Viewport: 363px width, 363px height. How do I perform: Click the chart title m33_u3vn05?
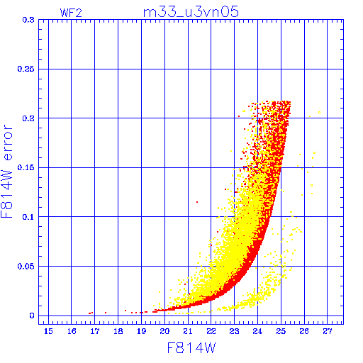191,12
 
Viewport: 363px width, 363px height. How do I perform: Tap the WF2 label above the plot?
71,13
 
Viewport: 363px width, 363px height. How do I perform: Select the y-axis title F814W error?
7,172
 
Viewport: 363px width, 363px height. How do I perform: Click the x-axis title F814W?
191,348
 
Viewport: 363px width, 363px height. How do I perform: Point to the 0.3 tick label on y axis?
28,20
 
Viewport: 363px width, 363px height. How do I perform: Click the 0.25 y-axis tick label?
26,69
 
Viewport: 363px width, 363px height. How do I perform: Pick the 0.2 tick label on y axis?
28,118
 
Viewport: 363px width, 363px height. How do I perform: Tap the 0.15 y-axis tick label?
26,167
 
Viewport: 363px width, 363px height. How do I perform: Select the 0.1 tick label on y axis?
28,217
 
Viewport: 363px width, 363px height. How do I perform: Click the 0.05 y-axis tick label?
26,267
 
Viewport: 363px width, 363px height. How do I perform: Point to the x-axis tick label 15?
48,331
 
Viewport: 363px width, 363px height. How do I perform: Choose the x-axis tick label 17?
95,331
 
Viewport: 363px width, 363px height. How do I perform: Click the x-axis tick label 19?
141,331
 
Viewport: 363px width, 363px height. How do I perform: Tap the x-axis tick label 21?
188,331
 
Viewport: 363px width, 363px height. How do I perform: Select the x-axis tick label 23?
235,331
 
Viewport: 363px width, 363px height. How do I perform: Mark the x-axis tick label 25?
281,331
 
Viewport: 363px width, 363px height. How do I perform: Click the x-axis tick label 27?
328,331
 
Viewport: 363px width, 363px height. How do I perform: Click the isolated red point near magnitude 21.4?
197,202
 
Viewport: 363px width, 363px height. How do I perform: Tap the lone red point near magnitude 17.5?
106,313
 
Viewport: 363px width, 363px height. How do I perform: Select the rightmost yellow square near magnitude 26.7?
320,113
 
